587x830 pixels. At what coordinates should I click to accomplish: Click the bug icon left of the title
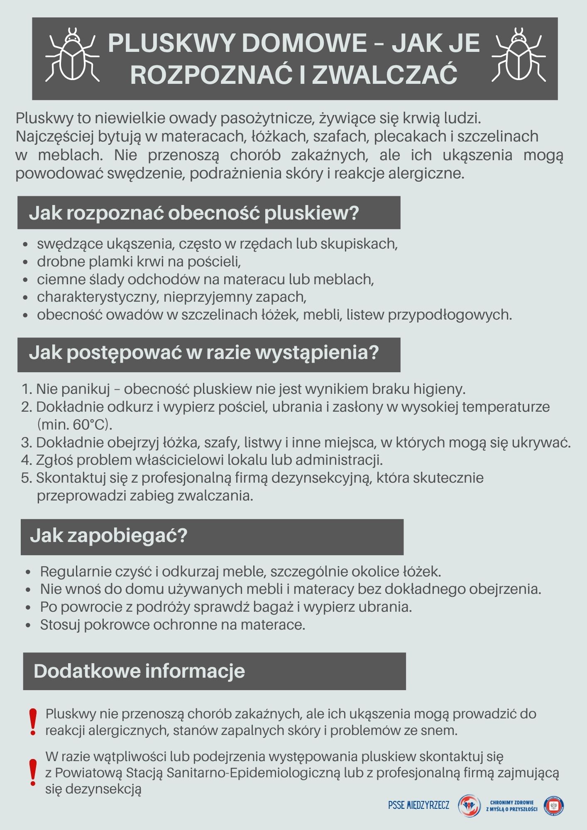[72, 54]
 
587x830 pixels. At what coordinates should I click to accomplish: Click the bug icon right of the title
[519, 54]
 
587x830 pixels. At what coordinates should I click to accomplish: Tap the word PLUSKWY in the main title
[170, 43]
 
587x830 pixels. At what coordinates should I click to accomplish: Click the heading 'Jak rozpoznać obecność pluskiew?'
[193, 213]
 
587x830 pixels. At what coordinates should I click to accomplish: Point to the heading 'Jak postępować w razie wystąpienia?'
[203, 353]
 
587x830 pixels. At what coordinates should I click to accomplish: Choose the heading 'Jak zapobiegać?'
[109, 536]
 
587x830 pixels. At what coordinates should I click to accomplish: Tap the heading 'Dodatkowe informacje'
[139, 671]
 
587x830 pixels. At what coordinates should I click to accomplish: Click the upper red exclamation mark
[33, 723]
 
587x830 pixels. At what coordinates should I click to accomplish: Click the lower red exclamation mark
[33, 772]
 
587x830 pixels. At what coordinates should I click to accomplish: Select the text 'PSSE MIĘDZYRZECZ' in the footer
[418, 805]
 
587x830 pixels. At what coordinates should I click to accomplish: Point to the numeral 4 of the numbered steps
[26, 460]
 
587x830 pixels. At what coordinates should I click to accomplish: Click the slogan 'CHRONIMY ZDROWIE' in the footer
[512, 802]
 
